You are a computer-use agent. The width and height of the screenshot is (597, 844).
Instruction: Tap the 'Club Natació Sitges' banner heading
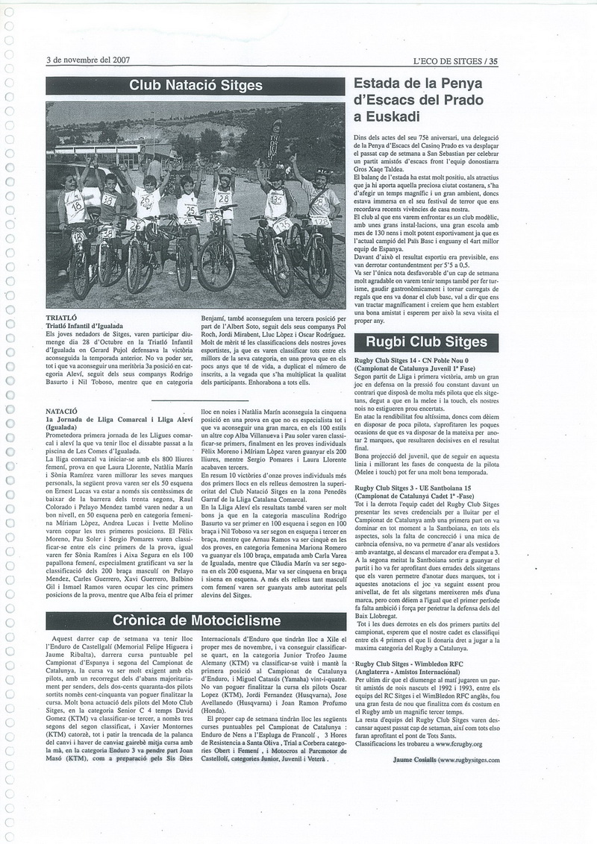196,86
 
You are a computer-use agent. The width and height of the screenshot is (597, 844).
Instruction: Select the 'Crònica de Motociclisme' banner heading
196,620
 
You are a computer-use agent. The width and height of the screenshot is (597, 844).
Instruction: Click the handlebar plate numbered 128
322,221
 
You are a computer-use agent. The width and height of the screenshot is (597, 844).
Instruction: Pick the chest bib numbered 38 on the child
109,199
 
